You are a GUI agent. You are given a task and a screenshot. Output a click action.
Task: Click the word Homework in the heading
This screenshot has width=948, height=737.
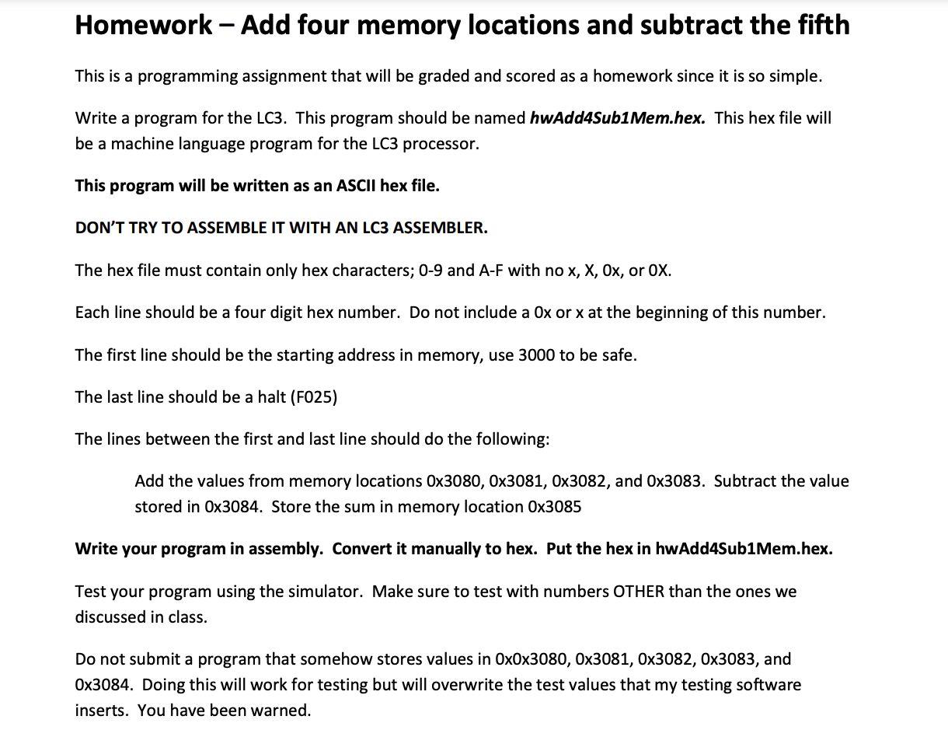[x=144, y=26]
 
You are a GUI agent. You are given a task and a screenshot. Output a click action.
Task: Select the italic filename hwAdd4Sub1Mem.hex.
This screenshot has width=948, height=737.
[x=618, y=118]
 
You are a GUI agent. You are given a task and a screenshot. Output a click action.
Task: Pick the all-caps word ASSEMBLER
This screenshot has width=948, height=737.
[x=440, y=228]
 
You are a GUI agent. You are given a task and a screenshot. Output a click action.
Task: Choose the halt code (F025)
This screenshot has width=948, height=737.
[x=313, y=397]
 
